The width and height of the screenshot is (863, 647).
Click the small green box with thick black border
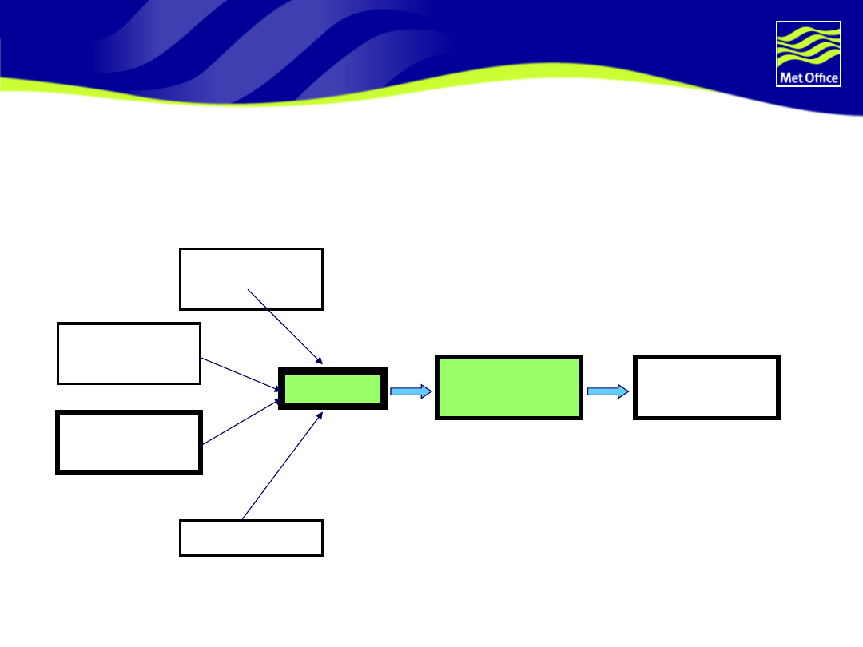(x=332, y=389)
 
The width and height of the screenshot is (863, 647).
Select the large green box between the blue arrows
(x=509, y=387)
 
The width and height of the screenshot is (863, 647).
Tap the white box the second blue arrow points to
(x=706, y=387)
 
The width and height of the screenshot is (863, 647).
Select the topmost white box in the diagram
(x=251, y=278)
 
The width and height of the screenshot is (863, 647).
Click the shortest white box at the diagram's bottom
(x=251, y=538)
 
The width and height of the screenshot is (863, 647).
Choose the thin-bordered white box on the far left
(x=129, y=353)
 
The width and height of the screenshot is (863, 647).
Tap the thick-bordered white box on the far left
(x=129, y=443)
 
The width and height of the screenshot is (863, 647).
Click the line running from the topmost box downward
(x=284, y=326)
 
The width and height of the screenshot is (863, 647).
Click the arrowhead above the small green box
(x=320, y=361)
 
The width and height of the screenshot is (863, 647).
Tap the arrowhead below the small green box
(x=320, y=415)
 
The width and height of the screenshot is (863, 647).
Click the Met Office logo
(x=808, y=54)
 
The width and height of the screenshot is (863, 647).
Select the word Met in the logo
(x=789, y=77)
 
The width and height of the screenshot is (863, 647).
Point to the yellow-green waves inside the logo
(x=808, y=46)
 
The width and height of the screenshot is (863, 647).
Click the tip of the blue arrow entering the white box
(x=626, y=391)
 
